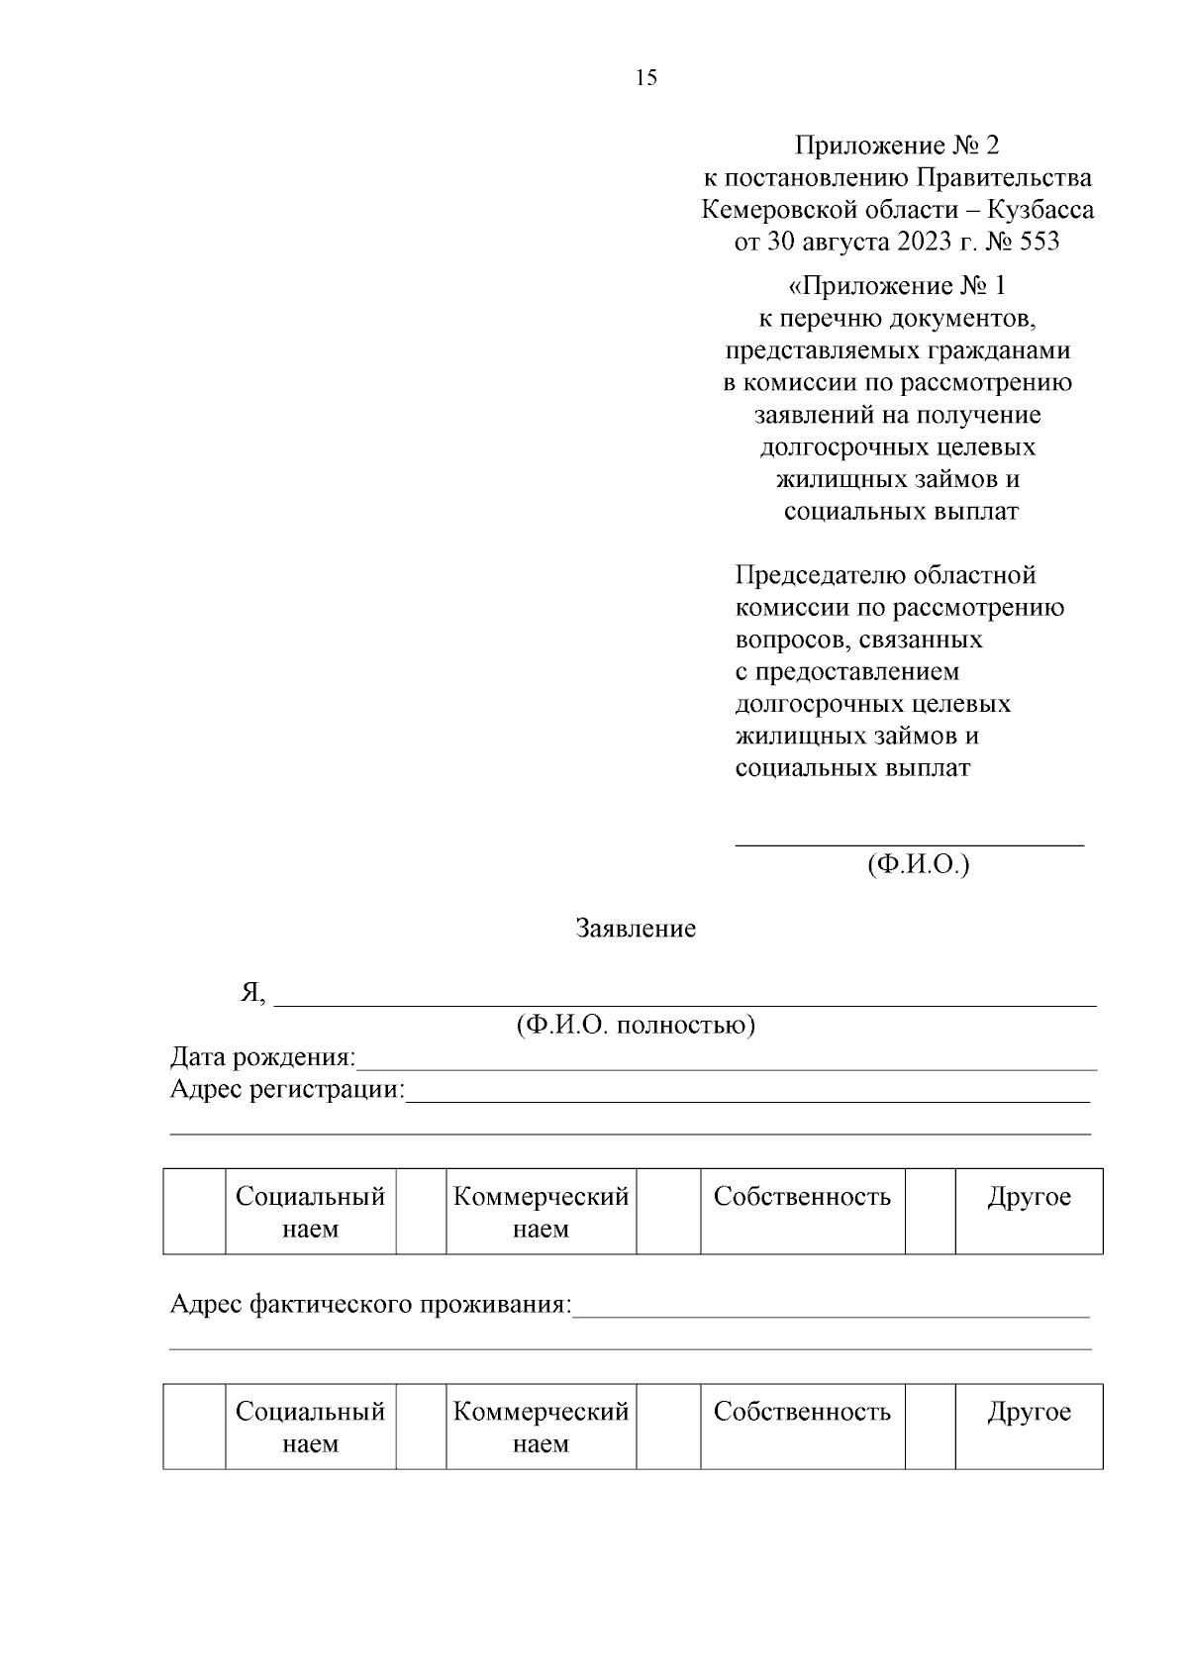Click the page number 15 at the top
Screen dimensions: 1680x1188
[645, 78]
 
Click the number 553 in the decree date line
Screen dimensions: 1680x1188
[1035, 242]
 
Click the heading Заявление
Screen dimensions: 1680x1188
[636, 929]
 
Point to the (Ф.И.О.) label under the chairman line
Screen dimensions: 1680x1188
[918, 864]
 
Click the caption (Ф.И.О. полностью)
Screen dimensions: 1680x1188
[636, 1025]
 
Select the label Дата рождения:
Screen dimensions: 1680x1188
[263, 1057]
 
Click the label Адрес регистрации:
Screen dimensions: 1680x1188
[288, 1090]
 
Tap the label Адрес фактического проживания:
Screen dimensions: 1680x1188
[371, 1304]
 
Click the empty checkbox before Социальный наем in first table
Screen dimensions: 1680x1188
[195, 1212]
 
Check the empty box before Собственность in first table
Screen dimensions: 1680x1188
[668, 1212]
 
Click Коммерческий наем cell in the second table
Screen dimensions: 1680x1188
[541, 1427]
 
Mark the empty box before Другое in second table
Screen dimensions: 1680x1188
[930, 1427]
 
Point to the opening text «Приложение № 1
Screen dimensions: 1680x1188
[896, 287]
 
